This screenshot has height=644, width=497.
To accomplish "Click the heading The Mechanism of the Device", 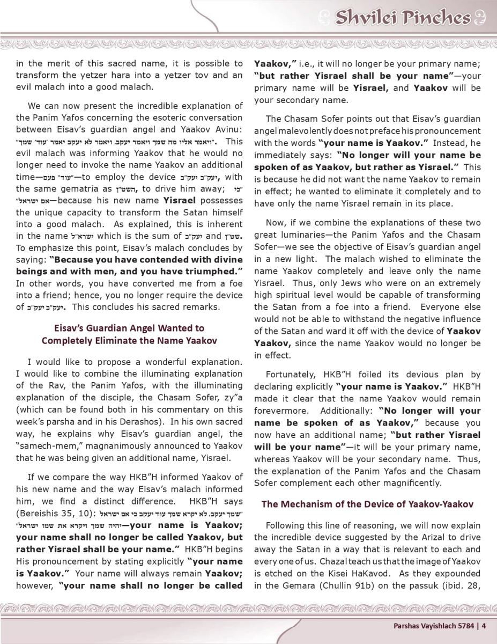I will point(367,504).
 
